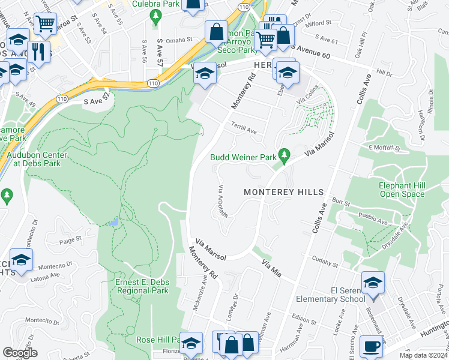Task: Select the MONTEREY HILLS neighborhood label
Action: (283, 192)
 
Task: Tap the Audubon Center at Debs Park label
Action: (37, 159)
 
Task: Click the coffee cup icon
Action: (370, 346)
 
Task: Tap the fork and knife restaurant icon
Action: (37, 51)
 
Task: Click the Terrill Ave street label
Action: (244, 127)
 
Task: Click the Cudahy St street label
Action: (327, 263)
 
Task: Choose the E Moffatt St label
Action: (384, 147)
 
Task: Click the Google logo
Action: (19, 353)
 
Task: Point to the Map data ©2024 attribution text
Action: (423, 355)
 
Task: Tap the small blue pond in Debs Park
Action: (113, 222)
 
